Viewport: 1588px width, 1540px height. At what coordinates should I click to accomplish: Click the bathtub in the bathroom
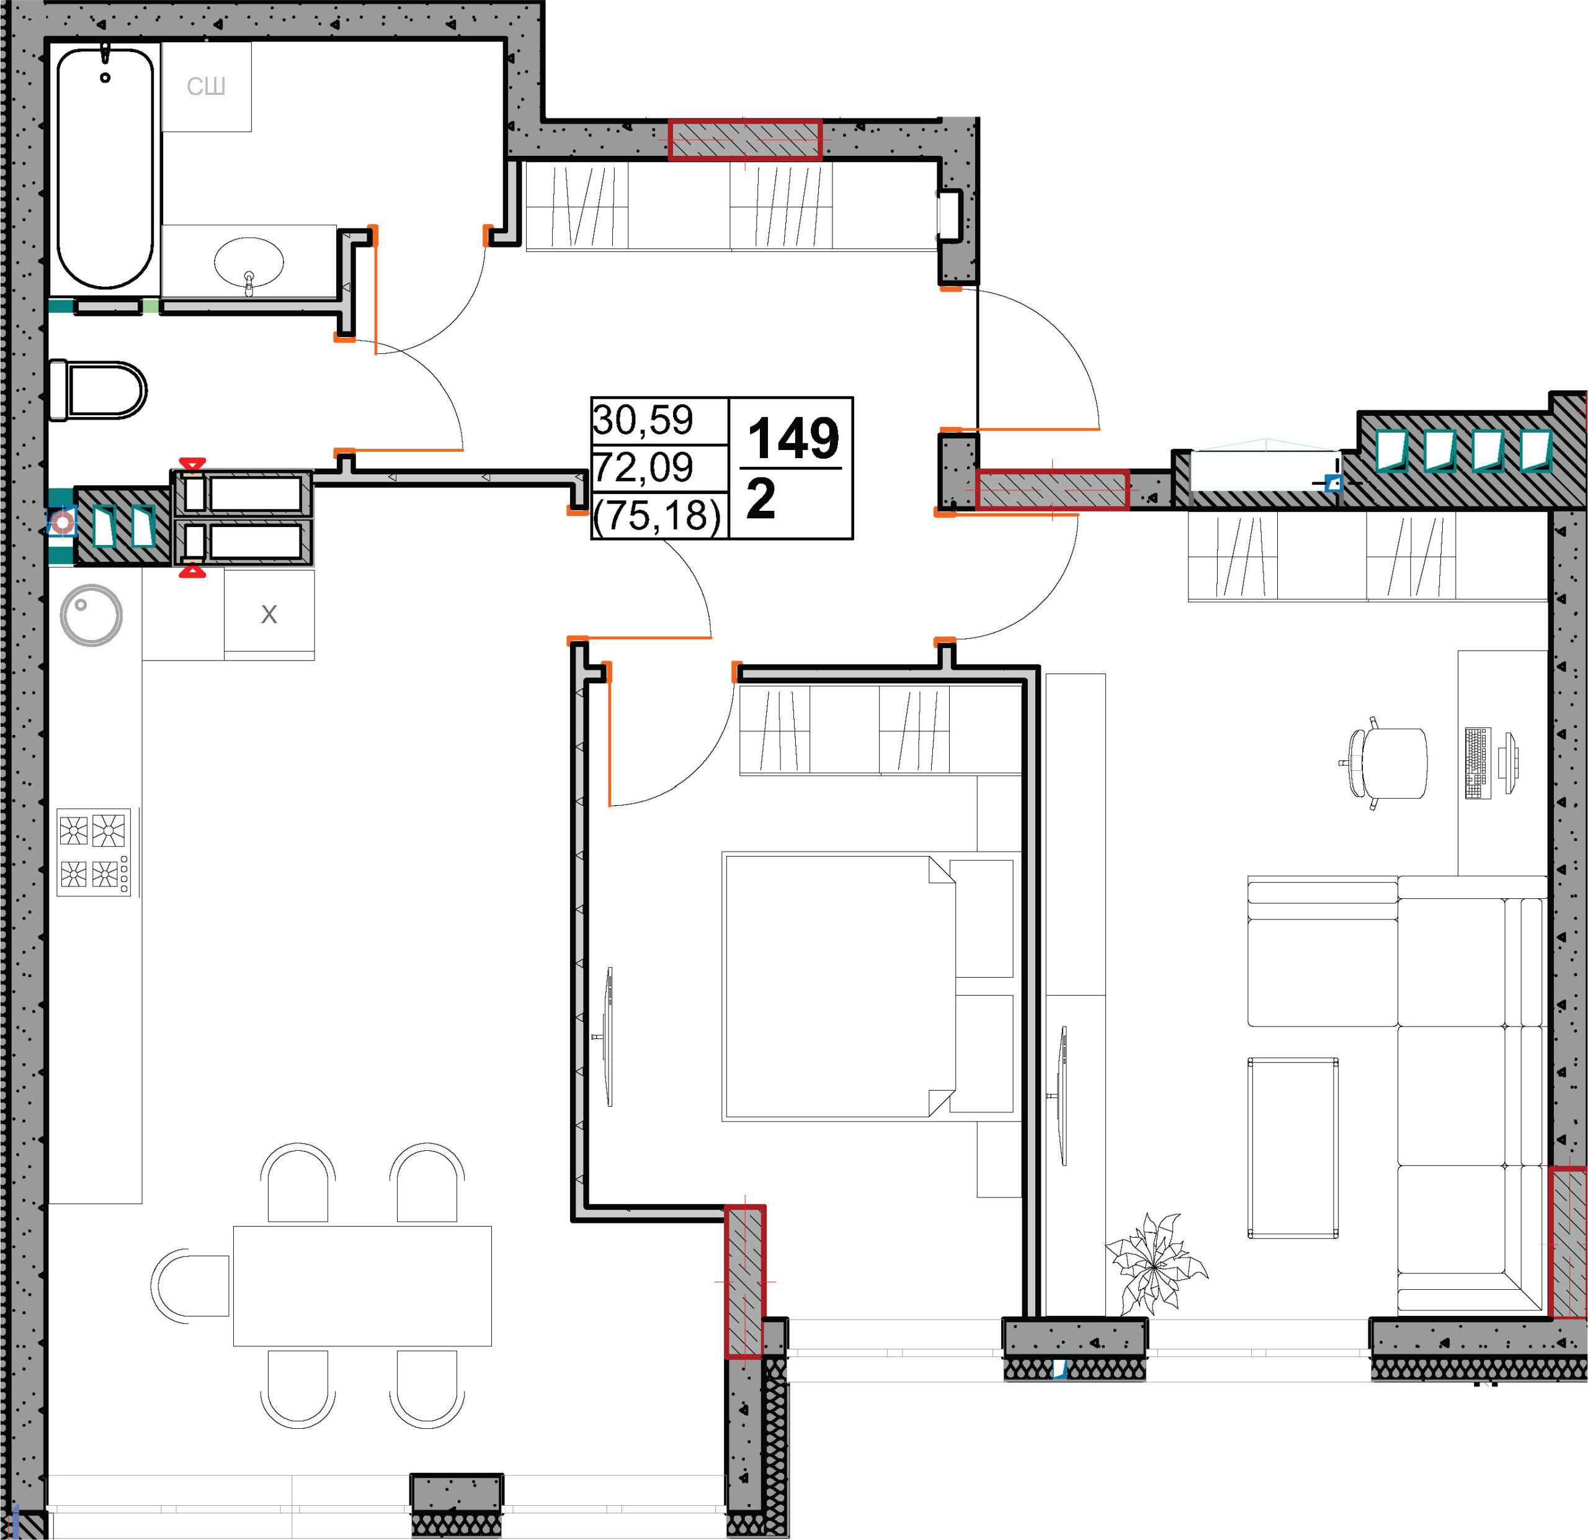(x=105, y=168)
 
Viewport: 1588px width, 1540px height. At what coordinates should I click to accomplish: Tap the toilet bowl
(x=98, y=390)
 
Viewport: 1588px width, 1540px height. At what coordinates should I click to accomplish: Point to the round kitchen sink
(x=91, y=615)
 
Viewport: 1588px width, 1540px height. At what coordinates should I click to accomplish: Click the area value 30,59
(x=643, y=420)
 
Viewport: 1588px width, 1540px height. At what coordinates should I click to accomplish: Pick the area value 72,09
(x=643, y=467)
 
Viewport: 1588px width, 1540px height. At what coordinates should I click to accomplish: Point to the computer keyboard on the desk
(x=1478, y=763)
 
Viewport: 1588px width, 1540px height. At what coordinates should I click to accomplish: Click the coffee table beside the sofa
(x=1292, y=1147)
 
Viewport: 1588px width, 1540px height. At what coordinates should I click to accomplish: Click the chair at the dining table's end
(x=190, y=1286)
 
